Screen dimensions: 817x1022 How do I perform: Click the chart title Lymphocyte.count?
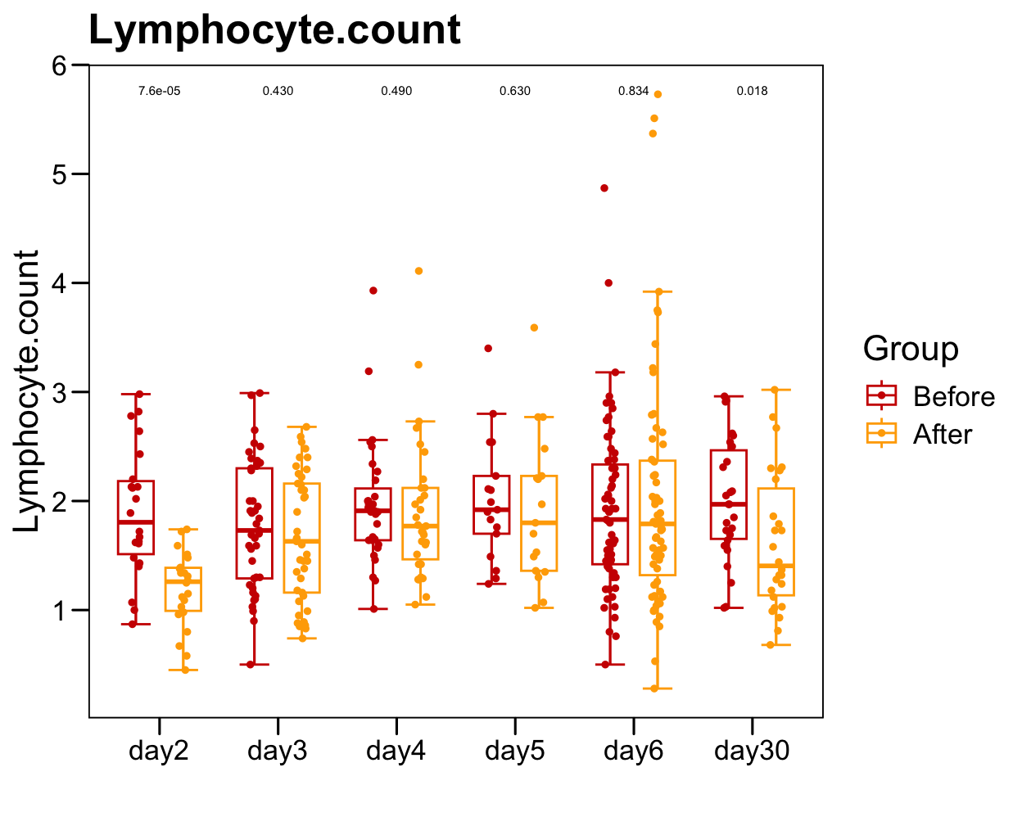tap(274, 30)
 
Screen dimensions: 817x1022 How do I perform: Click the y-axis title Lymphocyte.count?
tap(26, 391)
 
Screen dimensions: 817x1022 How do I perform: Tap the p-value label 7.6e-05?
tap(159, 91)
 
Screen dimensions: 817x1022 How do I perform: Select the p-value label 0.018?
tap(752, 91)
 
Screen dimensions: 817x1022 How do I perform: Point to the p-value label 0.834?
tap(633, 91)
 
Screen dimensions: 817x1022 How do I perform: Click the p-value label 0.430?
tap(278, 91)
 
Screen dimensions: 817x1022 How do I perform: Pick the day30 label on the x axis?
tap(752, 751)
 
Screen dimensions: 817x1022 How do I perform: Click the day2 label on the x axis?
tap(159, 751)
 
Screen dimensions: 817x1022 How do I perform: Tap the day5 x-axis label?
tap(514, 751)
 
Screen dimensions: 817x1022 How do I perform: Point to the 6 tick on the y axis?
tap(59, 65)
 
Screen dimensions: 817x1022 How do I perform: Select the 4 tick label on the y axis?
tap(59, 283)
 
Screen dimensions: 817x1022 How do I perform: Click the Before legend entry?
tap(953, 396)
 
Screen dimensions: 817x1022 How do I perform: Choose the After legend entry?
tap(942, 434)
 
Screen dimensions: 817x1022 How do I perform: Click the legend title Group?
tap(911, 349)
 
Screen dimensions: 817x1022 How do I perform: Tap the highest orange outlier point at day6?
tap(658, 94)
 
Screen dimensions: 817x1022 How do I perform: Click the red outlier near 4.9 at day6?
tap(604, 188)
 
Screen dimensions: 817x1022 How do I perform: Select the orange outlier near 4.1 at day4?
tap(418, 271)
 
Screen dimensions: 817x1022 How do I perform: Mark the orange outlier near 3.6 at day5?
tap(534, 327)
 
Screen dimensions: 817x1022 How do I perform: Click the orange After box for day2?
tap(183, 589)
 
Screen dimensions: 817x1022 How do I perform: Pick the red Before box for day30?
tap(729, 494)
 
